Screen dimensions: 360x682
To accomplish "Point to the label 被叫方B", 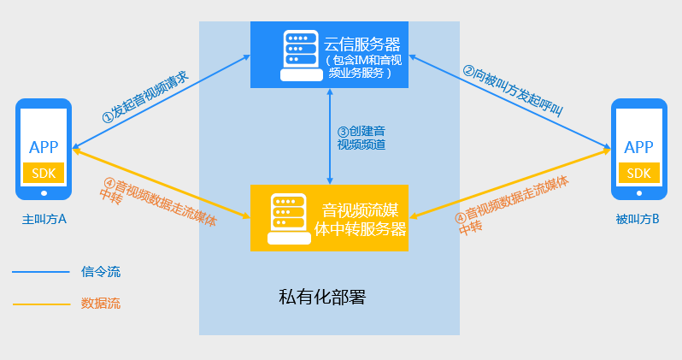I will [x=638, y=220].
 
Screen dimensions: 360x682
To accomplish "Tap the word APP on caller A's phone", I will [x=43, y=147].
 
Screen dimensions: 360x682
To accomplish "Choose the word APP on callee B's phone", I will [x=639, y=147].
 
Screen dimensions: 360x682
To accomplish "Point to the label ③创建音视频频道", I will [x=361, y=138].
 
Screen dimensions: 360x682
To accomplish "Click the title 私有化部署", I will [x=322, y=298].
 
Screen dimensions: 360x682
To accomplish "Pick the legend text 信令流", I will [x=101, y=272].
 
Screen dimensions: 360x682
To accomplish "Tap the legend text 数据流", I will [x=101, y=303].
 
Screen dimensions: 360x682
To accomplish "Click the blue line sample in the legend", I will [x=40, y=272].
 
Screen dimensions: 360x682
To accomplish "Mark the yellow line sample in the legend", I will [x=40, y=303].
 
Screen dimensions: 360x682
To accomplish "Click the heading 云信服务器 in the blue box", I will [x=363, y=44].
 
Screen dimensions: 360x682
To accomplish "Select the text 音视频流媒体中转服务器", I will [x=363, y=219].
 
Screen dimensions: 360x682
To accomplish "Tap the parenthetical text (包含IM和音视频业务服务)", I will [x=363, y=67].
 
